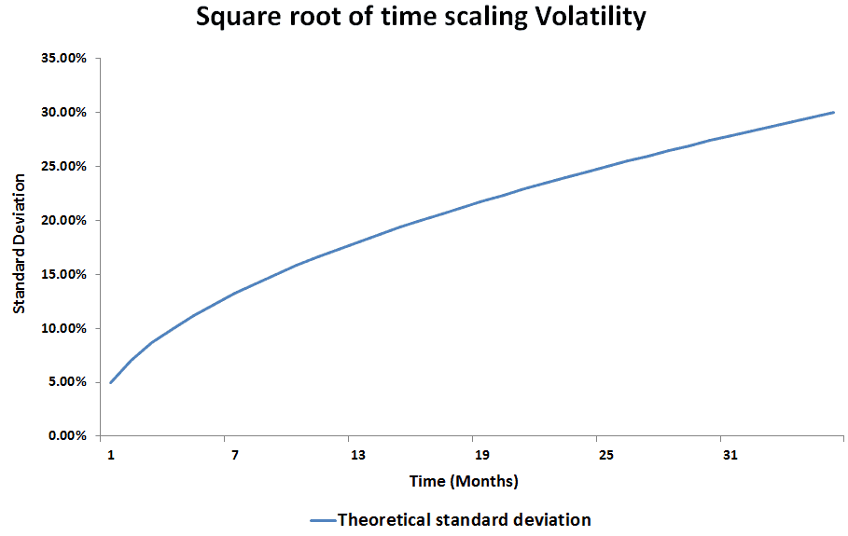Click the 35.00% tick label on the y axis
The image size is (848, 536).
tap(63, 59)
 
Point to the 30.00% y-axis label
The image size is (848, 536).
tap(63, 113)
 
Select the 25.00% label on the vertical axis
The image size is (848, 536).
tap(63, 167)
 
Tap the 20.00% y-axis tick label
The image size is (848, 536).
tap(63, 220)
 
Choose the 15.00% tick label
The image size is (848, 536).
tap(63, 274)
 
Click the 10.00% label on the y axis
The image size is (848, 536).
tap(63, 328)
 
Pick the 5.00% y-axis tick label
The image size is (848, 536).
tap(67, 382)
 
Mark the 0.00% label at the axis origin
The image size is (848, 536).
tap(67, 435)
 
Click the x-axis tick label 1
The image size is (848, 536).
tap(111, 455)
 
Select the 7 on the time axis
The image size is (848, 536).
tap(235, 455)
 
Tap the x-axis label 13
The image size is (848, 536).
tap(358, 455)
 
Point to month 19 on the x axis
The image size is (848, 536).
tap(482, 455)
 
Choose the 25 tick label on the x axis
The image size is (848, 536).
tap(605, 455)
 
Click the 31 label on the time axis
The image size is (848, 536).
tap(730, 455)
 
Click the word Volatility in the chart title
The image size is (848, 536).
tap(591, 18)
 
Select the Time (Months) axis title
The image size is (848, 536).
tap(464, 481)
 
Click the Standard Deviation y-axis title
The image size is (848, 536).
tap(20, 243)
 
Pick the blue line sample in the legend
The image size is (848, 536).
tap(323, 521)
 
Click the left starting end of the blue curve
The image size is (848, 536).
tap(110, 382)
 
